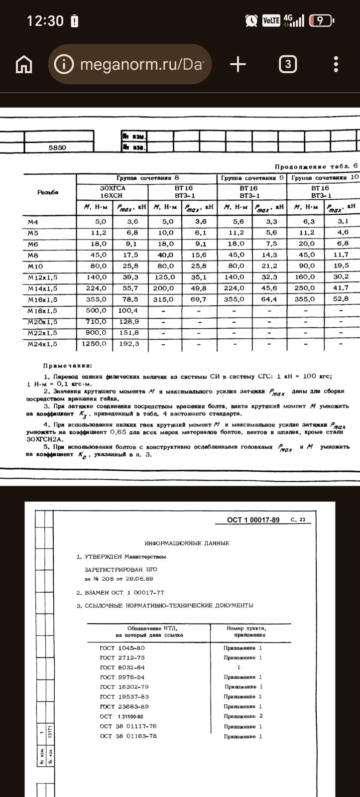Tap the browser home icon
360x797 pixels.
tap(24, 65)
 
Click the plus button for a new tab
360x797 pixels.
tap(238, 64)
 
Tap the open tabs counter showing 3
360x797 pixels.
tap(288, 64)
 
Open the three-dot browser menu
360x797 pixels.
tap(337, 64)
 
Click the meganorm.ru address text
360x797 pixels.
tap(141, 64)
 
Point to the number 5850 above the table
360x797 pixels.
tap(57, 148)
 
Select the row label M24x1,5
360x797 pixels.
tap(42, 344)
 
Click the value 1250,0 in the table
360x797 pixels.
tap(94, 344)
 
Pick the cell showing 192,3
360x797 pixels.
tap(129, 344)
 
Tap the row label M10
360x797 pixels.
tap(35, 266)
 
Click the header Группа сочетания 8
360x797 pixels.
tap(148, 178)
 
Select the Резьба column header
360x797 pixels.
tap(48, 192)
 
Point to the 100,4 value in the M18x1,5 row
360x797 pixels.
tap(128, 310)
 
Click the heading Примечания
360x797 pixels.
tap(64, 366)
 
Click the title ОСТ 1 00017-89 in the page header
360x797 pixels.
tap(253, 520)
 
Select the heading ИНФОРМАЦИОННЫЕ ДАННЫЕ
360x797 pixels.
tap(187, 542)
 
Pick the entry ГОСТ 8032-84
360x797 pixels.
tap(122, 667)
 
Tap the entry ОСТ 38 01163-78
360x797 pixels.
tap(128, 736)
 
